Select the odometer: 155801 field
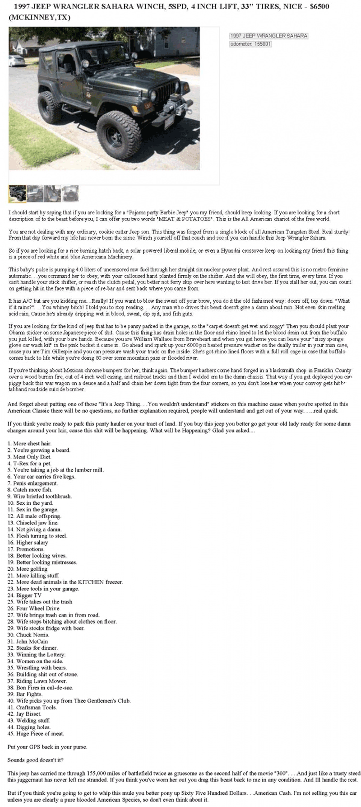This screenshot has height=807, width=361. pos(250,44)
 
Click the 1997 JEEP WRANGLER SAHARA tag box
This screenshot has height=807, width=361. pos(268,36)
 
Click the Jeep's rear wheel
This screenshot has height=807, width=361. pos(50,107)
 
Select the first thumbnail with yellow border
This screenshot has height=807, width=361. pos(17,193)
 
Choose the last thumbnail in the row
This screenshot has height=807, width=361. pos(70,193)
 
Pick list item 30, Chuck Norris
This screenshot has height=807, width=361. pos(29,634)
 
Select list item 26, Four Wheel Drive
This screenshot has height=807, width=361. pos(34,608)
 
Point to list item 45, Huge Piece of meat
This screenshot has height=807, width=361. pos(36,733)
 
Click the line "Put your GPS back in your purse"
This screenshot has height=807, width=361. pos(47,746)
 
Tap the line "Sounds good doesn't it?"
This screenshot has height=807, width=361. pos(36,760)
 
